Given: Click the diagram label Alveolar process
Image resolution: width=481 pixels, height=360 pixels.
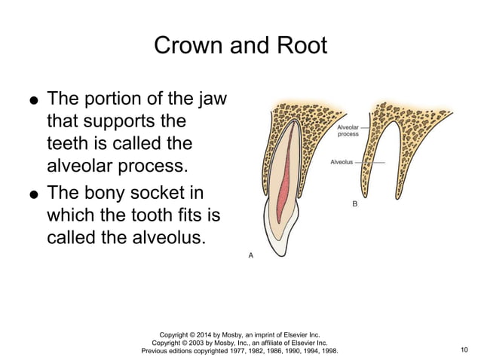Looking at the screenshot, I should point(348,130).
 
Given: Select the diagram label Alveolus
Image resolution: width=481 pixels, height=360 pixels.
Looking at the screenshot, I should point(342,162).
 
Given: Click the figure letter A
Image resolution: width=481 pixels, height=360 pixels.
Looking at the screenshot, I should point(251,256).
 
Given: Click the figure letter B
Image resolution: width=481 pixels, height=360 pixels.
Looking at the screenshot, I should point(356,204).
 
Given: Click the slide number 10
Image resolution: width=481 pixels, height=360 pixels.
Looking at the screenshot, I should point(463,350).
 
